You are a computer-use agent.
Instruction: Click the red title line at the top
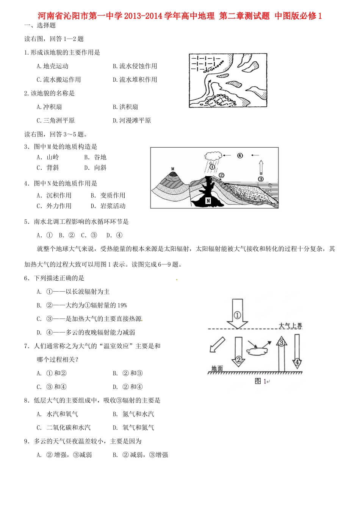coord(180,16)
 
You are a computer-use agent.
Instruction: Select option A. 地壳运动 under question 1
coord(52,66)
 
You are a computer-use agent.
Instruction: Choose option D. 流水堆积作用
coord(135,80)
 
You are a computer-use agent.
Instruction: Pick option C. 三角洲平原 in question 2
coord(55,121)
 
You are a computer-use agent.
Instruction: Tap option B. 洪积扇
coord(125,107)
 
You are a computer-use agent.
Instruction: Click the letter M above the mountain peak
coord(173,169)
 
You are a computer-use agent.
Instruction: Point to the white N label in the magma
coord(208,201)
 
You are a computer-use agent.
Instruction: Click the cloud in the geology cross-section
coord(213,155)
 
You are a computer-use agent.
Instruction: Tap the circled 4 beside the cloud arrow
coord(240,155)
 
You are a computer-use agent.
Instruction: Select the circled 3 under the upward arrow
coord(261,179)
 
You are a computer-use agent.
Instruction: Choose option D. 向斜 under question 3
coord(95,168)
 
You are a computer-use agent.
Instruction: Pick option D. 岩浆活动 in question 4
coord(108,206)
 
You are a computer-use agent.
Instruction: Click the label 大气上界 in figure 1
coord(290,326)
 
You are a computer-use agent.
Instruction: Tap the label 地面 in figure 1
coord(217,368)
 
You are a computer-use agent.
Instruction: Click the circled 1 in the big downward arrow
coord(237,315)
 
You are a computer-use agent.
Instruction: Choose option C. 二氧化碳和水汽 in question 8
coord(64,428)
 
